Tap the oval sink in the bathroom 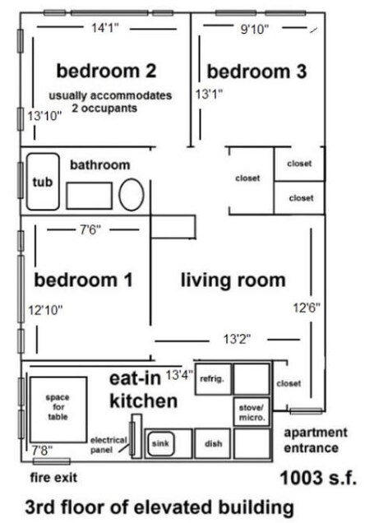pos(132,196)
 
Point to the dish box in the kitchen pos(212,444)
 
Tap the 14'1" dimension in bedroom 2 pos(105,28)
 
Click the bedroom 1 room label pos(83,280)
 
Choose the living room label pos(233,280)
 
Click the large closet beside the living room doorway pos(247,178)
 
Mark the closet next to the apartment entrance pos(289,383)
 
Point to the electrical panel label pos(109,444)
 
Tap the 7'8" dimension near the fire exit pos(39,451)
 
